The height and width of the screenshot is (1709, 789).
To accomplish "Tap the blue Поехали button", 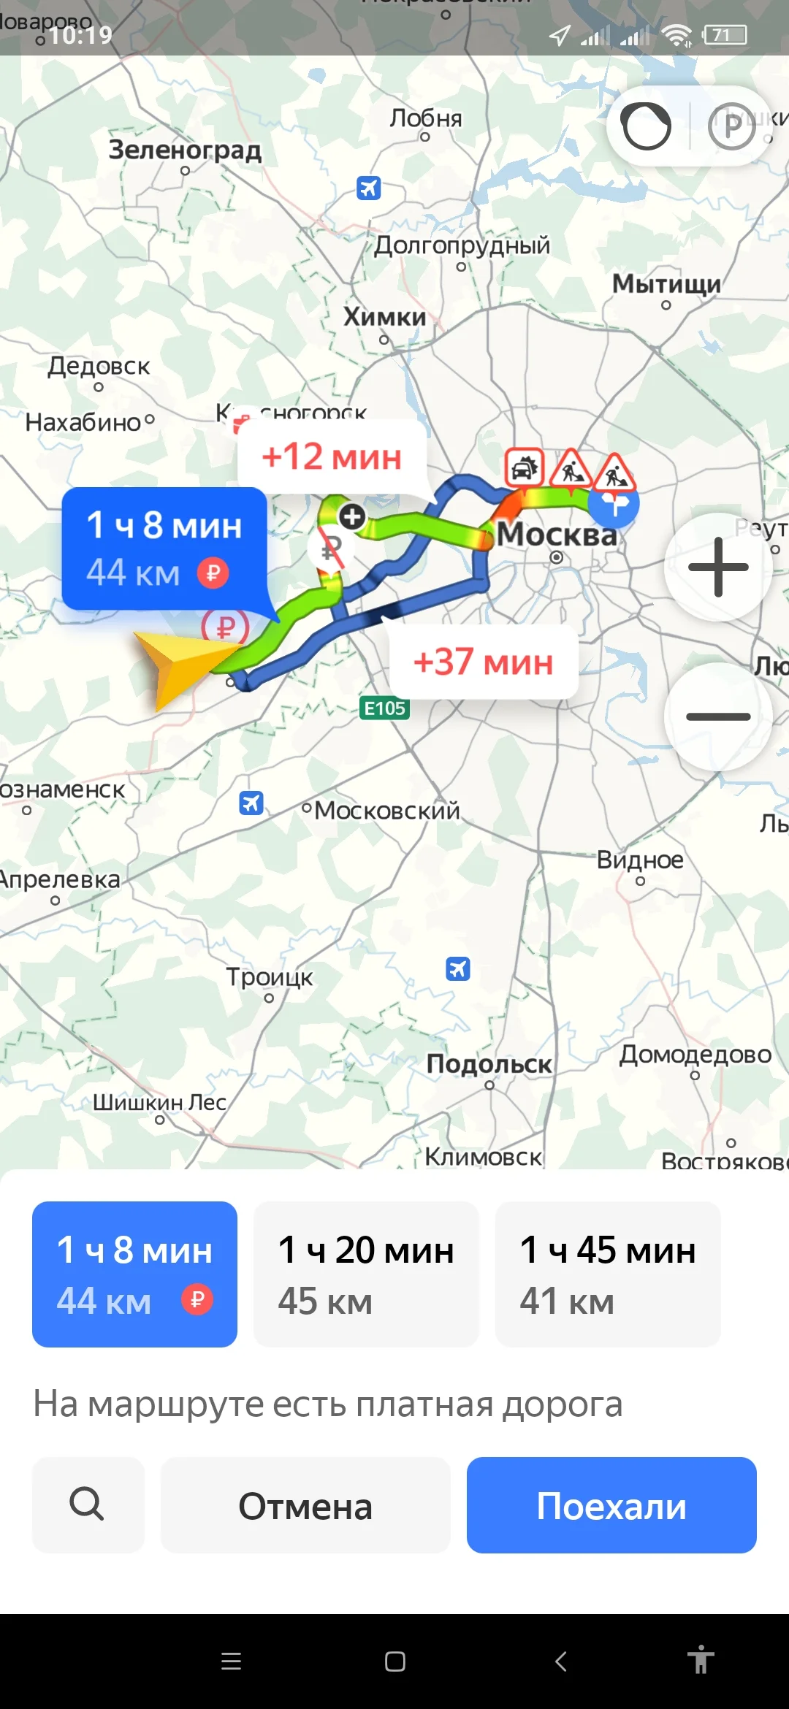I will pos(611,1505).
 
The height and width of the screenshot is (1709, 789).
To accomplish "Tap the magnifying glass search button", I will pos(88,1505).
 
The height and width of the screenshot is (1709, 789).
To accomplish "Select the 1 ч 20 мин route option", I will pos(366,1274).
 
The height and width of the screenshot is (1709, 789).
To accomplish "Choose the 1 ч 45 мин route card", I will pos(608,1274).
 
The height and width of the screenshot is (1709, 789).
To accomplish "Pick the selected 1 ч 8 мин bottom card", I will pos(134,1274).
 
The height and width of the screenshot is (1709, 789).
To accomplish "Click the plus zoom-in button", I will pos(718,567).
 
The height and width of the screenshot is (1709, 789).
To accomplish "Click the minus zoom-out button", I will pos(718,716).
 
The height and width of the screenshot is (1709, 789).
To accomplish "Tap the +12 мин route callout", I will pos(332,457).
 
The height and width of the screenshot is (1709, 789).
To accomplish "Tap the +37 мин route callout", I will pos(483,662).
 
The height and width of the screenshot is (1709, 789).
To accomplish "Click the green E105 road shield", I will pos(385,708).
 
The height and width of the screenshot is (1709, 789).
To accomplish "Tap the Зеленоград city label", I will pos(185,150).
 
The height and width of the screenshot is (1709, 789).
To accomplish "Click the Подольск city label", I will pos(489,1064).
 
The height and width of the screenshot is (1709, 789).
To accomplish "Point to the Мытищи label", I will pos(666,283).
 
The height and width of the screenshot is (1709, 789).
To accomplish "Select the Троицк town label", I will pos(269,976).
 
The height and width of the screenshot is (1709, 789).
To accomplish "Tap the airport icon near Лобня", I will pos(369,188).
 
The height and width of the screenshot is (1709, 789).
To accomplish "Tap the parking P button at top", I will pos(731,126).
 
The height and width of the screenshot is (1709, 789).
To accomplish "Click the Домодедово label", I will pos(695,1055).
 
